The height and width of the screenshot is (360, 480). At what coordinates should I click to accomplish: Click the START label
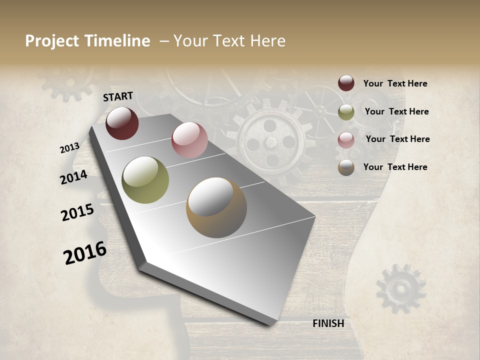(118, 96)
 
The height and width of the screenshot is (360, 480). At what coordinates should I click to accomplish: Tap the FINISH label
(328, 323)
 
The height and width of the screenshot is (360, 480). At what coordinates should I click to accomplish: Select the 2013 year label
(69, 148)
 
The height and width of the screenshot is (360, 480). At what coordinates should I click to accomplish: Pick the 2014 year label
(73, 177)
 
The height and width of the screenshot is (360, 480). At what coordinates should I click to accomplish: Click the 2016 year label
(85, 252)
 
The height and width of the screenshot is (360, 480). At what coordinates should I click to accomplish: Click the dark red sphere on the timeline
(122, 123)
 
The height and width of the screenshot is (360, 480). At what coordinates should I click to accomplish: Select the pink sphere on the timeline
(189, 140)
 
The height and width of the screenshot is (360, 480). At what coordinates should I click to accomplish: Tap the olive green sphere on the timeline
(145, 180)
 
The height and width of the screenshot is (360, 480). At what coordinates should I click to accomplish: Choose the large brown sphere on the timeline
(216, 207)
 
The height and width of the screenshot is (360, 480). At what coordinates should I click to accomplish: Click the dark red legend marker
(346, 83)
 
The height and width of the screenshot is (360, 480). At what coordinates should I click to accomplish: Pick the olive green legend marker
(346, 112)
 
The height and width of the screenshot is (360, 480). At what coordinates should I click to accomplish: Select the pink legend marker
(346, 139)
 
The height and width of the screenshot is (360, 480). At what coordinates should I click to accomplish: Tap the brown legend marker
(346, 167)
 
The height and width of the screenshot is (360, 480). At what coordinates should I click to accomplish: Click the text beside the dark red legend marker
(395, 83)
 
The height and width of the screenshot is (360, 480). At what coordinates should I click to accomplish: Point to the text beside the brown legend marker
(395, 167)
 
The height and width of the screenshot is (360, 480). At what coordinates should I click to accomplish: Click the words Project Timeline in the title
(87, 41)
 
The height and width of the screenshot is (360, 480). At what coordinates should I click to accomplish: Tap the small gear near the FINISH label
(400, 288)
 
